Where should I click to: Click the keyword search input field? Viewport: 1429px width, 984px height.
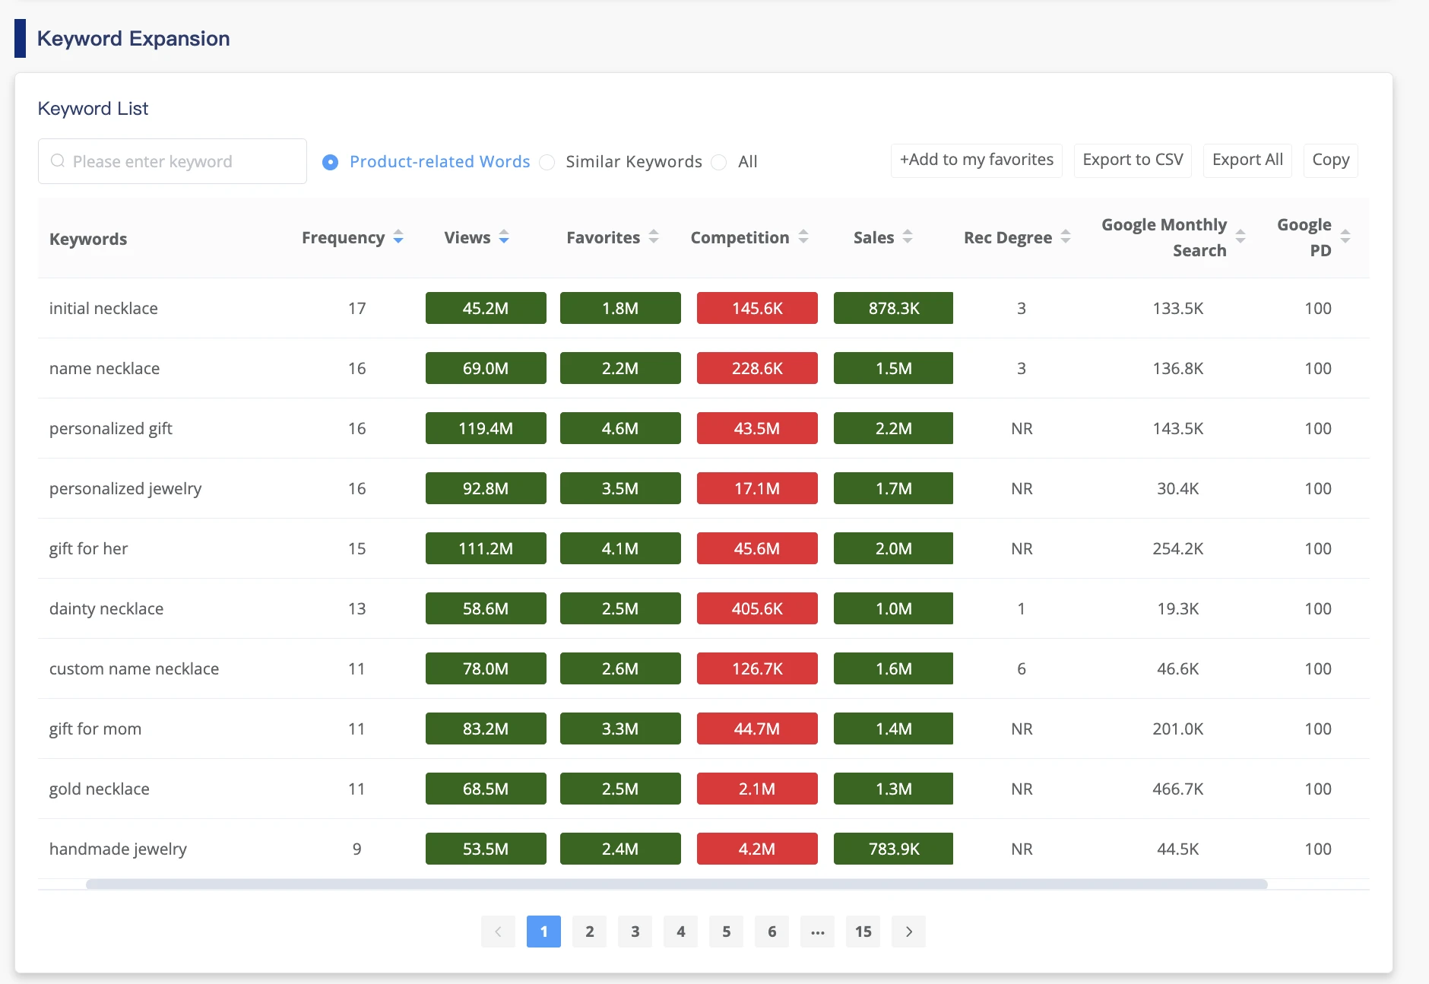tap(173, 161)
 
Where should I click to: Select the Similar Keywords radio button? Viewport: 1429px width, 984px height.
tap(547, 162)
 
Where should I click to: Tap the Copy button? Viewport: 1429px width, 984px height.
tap(1330, 160)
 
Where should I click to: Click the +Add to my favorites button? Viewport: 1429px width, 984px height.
tap(976, 160)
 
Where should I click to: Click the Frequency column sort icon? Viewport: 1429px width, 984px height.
tap(398, 238)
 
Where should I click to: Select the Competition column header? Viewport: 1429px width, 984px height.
tap(740, 238)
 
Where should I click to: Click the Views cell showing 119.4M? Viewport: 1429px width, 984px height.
tap(486, 428)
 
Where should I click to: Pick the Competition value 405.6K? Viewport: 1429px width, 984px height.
tap(757, 608)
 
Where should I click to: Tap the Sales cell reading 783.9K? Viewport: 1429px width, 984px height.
tap(893, 849)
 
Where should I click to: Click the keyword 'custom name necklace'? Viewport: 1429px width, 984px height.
tap(134, 668)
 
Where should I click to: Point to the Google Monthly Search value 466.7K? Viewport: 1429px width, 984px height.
tap(1177, 789)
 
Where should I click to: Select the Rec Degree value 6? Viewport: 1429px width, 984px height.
tap(1022, 668)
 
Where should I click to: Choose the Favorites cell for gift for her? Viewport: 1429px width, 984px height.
tap(620, 548)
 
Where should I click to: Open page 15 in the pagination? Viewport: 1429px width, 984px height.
tap(863, 932)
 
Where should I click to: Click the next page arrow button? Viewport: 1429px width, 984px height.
tap(908, 932)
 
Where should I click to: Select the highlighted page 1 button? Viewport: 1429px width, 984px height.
tap(543, 932)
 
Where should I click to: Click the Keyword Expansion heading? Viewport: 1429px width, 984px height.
tap(133, 39)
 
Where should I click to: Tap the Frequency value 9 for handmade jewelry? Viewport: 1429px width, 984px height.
tap(356, 849)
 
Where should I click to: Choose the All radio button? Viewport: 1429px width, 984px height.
tap(719, 162)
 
